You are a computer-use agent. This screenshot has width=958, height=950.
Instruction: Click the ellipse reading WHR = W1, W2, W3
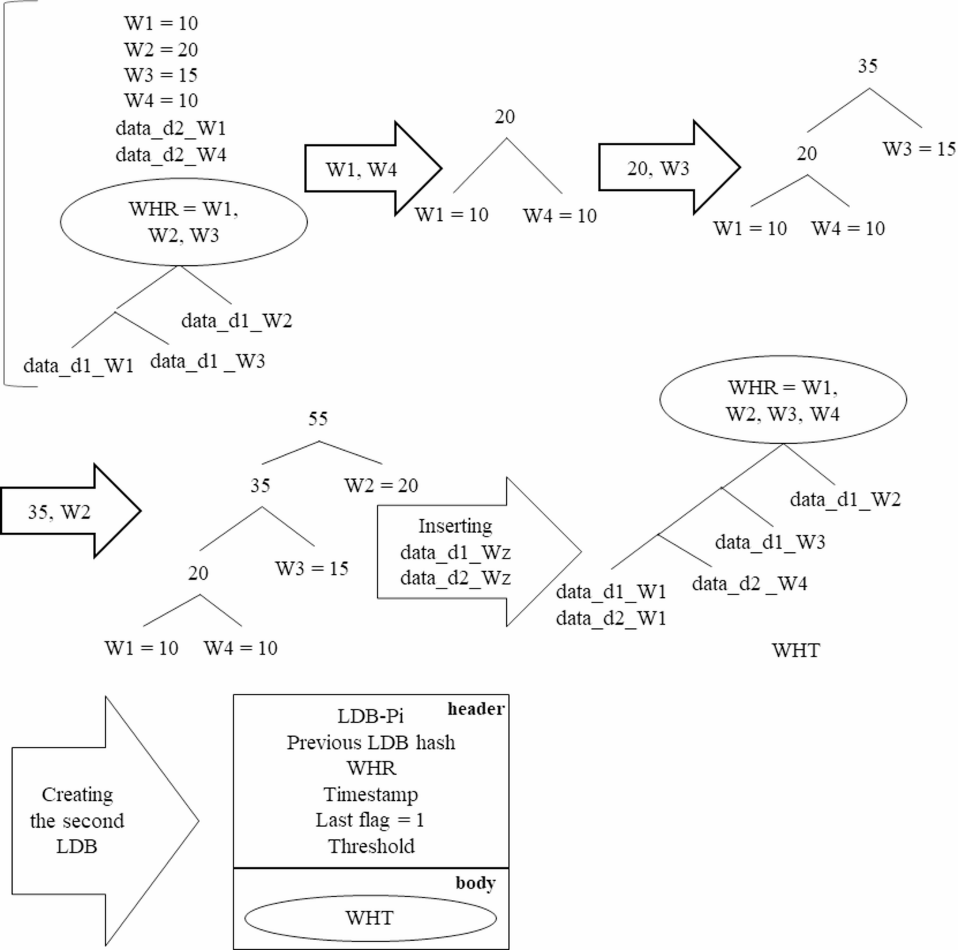pos(183,222)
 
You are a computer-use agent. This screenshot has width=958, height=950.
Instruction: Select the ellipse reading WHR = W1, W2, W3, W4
pos(782,399)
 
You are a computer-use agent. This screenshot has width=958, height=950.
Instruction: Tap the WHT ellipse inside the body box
pos(369,918)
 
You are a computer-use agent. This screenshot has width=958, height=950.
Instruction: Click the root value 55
pos(318,419)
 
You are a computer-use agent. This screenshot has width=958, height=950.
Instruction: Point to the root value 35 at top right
pos(868,66)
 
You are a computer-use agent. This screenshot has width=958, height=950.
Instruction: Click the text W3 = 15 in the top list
pos(161,75)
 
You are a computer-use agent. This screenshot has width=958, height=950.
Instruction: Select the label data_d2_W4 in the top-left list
pos(171,154)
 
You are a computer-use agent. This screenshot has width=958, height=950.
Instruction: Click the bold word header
pos(476,708)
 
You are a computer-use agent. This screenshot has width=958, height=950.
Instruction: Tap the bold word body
pos(475,883)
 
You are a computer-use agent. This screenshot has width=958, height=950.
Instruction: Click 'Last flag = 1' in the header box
pos(369,820)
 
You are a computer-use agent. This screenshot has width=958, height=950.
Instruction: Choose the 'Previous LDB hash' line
pos(371,742)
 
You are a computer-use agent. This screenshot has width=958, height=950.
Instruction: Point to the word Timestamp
pos(370,794)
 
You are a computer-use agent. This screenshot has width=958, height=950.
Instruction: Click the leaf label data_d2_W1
pos(610,618)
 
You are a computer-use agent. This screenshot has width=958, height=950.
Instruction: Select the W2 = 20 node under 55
pos(381,485)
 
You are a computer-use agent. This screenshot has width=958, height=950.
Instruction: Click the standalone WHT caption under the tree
pos(795,650)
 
